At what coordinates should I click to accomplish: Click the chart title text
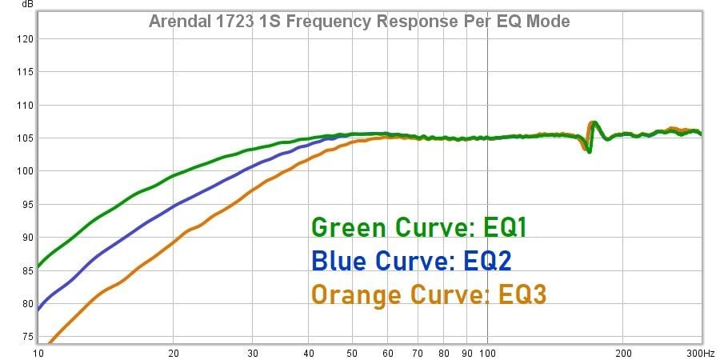(x=359, y=22)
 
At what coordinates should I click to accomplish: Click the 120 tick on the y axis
(x=22, y=38)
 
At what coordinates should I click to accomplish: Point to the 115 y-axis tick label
(x=22, y=72)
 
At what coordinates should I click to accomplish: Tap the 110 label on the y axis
(x=22, y=105)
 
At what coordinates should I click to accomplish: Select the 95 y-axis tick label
(x=24, y=204)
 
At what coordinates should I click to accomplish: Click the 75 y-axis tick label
(x=24, y=337)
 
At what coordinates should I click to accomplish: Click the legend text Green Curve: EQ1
(x=419, y=228)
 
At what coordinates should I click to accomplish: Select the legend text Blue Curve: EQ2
(x=411, y=261)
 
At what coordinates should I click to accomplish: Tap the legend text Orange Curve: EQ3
(x=429, y=294)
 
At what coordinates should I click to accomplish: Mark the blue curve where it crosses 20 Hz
(x=174, y=206)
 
